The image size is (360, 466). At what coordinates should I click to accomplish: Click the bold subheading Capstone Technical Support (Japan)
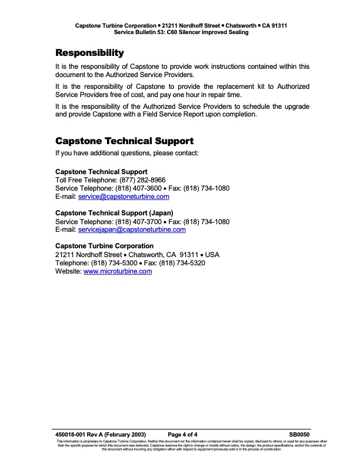tap(114, 212)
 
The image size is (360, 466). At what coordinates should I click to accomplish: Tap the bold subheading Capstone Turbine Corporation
tap(104, 245)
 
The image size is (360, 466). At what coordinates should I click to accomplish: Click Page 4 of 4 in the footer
tap(186, 434)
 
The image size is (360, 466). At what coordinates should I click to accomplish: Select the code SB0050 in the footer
tap(299, 434)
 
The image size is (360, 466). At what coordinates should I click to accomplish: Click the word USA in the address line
tap(212, 254)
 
